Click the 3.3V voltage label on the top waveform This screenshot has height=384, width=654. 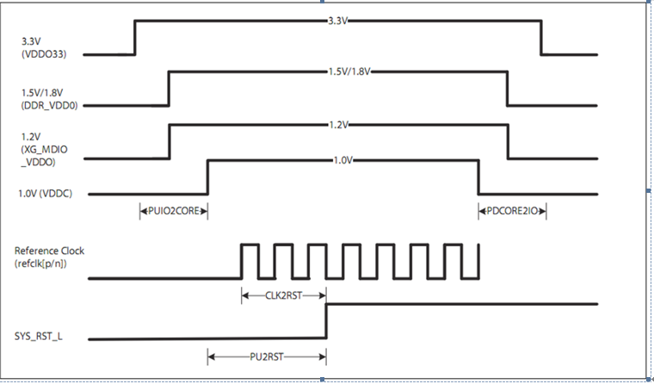(338, 19)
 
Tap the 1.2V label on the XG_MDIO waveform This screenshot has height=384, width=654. (338, 125)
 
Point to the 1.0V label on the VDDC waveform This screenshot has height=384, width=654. (342, 160)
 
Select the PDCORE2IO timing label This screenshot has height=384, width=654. (513, 209)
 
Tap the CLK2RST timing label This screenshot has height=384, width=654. (283, 295)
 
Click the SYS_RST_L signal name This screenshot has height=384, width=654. (39, 336)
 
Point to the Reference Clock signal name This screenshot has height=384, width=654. (49, 251)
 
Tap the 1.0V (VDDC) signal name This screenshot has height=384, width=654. (44, 193)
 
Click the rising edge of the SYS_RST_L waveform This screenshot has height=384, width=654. (326, 321)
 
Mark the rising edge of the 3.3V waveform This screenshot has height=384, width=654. (135, 37)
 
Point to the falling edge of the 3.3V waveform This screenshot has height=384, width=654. (541, 37)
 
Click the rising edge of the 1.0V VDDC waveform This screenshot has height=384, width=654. (208, 177)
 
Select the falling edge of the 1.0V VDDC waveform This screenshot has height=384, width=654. (478, 177)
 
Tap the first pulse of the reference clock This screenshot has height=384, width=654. (250, 245)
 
